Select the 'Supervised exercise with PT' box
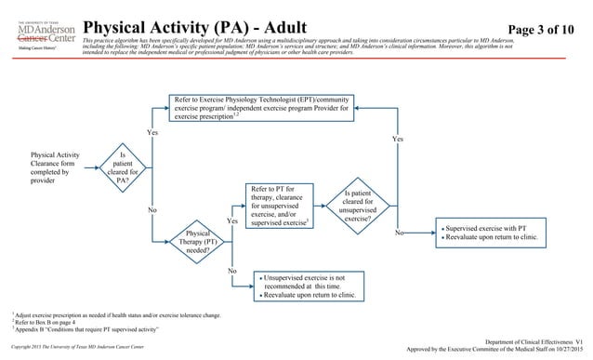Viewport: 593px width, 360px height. (x=492, y=233)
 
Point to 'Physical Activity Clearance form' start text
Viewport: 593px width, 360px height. (x=55, y=164)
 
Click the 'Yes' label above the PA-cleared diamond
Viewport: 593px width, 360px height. (x=152, y=133)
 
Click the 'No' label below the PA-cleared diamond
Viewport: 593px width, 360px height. (x=152, y=210)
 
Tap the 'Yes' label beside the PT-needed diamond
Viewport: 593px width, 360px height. (x=233, y=221)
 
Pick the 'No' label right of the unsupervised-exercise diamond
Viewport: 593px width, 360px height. (x=400, y=234)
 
